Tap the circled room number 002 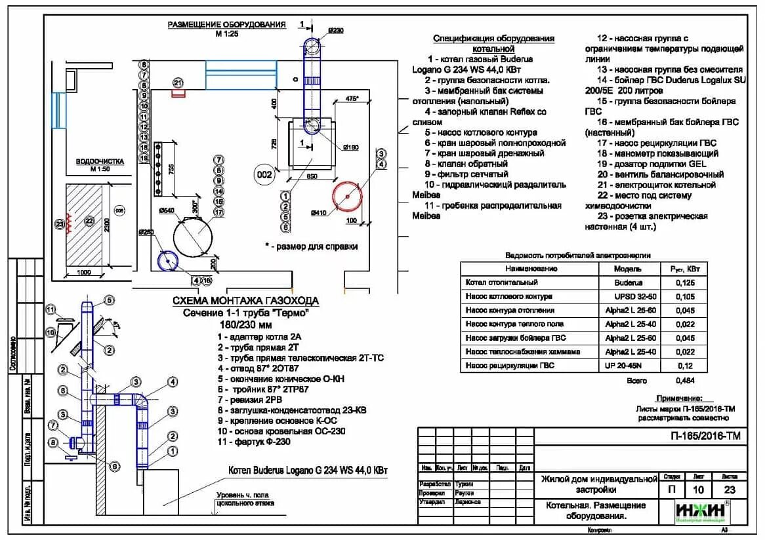(x=264, y=175)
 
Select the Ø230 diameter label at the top (x=336, y=30)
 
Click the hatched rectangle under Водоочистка (x=84, y=223)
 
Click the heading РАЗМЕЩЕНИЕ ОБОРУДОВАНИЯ (x=226, y=25)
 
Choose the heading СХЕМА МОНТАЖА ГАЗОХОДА (x=245, y=301)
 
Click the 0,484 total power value (x=685, y=380)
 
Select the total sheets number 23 (x=729, y=490)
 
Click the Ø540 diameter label (x=167, y=210)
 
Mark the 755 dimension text (x=171, y=168)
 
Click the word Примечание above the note (x=679, y=398)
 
